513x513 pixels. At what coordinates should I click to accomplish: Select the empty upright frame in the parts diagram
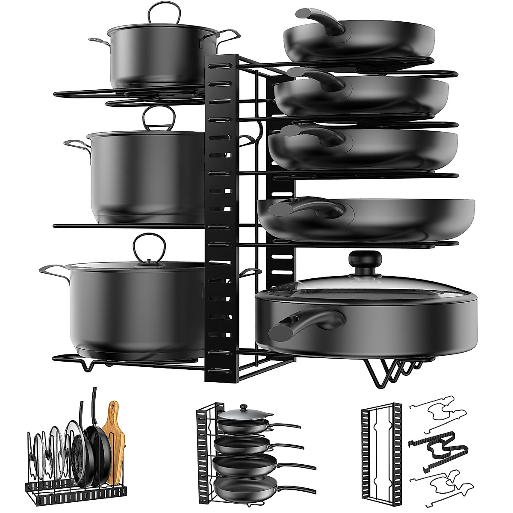click(x=380, y=453)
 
